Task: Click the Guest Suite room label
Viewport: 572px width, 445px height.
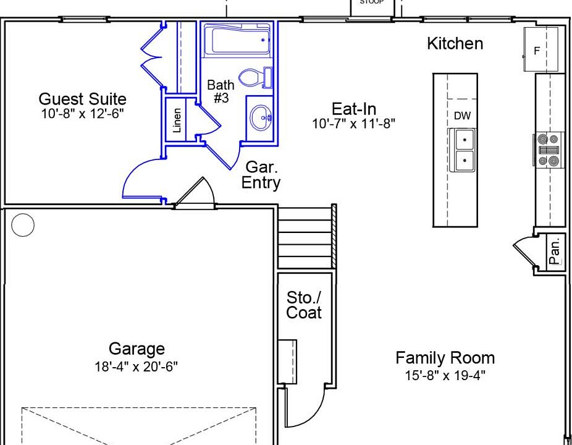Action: coord(82,99)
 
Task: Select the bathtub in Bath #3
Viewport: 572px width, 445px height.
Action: coord(237,40)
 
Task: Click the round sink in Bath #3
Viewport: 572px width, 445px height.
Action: coord(261,117)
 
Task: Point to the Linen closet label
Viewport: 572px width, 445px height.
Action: coord(177,120)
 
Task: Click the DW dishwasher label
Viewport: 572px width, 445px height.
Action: coord(462,116)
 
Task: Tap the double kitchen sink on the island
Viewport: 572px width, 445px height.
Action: coord(463,150)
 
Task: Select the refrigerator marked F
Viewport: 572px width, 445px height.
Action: coord(540,49)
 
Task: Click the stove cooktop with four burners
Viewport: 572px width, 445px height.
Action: coord(549,150)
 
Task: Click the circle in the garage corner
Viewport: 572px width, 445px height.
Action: coord(23,225)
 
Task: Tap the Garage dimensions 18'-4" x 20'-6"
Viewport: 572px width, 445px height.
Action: coord(136,366)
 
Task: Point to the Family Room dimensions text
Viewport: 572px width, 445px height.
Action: coord(445,375)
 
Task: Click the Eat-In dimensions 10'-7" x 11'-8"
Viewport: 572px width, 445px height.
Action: coord(353,124)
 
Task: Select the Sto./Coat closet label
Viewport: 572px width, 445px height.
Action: coord(304,305)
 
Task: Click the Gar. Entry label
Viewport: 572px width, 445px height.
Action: coord(261,175)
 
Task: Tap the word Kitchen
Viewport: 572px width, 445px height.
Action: coord(455,43)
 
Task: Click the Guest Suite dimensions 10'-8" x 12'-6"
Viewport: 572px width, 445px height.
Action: coord(82,114)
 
